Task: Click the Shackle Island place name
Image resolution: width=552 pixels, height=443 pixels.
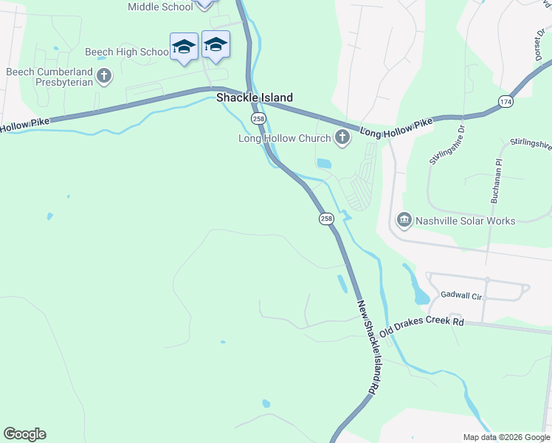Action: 254,97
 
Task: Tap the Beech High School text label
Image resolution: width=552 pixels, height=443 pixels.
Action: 127,52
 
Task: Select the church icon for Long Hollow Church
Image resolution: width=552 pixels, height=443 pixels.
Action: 342,137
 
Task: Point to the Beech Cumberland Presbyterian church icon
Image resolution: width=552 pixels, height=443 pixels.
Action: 104,75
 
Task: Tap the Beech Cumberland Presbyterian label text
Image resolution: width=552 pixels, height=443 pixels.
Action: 50,77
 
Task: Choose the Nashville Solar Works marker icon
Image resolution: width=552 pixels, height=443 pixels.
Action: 404,220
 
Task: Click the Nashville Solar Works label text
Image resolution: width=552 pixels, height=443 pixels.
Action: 465,221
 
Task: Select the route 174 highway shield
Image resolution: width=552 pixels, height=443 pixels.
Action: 506,102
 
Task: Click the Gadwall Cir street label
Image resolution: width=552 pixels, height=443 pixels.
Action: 460,296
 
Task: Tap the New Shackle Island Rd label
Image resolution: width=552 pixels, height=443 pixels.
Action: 369,346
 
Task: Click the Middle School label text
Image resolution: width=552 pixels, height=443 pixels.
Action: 160,7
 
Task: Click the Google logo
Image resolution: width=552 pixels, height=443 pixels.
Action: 24,434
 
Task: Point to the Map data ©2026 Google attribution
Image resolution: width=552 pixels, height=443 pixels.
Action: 506,437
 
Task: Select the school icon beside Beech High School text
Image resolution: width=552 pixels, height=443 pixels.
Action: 184,48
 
